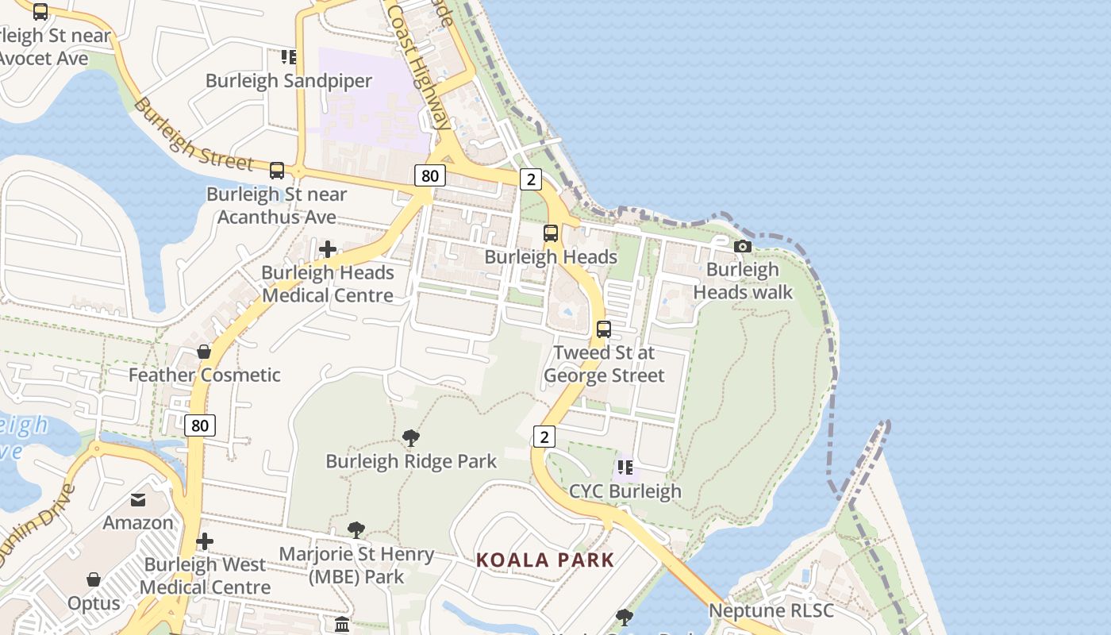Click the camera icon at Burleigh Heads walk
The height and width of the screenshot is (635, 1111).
[743, 247]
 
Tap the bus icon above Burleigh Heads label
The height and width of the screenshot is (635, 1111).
[551, 233]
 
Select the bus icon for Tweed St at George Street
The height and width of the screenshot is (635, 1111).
[604, 329]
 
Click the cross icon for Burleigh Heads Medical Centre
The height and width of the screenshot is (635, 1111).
[327, 250]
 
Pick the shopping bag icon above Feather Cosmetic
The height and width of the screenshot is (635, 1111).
[204, 352]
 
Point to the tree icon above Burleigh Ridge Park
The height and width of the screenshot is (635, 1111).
[410, 437]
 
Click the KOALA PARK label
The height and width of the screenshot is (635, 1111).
[545, 560]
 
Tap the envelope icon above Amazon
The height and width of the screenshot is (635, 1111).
[138, 500]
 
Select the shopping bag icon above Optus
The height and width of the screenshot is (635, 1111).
[94, 579]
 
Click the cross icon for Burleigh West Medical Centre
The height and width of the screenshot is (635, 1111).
[205, 541]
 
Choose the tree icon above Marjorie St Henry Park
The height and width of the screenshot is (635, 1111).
[356, 530]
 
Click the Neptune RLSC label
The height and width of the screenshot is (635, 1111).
[771, 610]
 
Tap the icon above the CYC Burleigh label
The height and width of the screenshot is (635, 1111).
[625, 468]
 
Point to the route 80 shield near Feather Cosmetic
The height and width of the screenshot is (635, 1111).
[200, 425]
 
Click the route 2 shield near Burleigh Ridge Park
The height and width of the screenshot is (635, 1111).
[544, 436]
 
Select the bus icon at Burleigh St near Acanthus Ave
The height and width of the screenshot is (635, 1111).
[277, 170]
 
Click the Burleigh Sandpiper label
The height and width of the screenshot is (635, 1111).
[289, 81]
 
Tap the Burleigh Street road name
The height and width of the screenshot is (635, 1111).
[193, 134]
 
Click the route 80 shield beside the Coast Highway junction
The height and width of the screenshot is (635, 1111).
[429, 175]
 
